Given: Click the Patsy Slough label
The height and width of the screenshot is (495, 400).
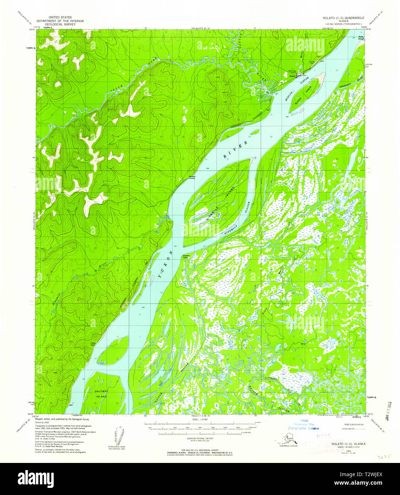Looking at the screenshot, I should click(x=362, y=37).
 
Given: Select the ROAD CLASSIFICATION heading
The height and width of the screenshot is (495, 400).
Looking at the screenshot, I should click(x=351, y=425).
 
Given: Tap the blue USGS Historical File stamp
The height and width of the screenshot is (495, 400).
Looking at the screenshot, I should click(x=303, y=424).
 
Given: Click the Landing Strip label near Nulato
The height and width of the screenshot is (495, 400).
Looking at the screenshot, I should click(x=312, y=61).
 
